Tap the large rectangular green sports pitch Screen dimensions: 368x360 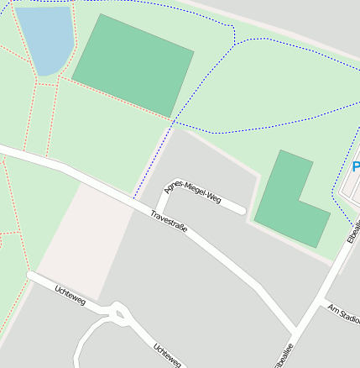(133, 65)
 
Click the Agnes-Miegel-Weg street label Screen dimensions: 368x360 (194, 189)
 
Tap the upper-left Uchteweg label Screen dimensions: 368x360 (68, 295)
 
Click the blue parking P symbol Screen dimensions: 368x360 (356, 167)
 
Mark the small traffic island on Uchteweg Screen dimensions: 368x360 (118, 316)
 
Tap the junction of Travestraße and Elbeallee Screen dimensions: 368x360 (296, 327)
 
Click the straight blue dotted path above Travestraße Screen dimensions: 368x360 (154, 160)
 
